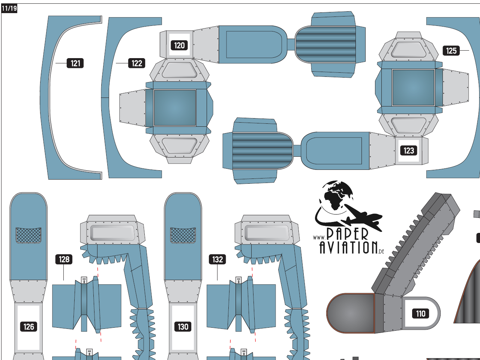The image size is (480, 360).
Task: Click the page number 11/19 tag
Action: [9, 8]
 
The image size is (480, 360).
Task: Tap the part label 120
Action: [179, 45]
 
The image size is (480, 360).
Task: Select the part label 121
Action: [75, 63]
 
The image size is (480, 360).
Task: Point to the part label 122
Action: [137, 63]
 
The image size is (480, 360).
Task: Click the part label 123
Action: [408, 150]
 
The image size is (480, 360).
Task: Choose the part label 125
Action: [451, 51]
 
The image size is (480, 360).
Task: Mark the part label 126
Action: [28, 327]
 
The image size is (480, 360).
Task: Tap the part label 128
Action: [64, 259]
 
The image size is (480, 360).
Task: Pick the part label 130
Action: [183, 327]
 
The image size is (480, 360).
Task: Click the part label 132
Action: [218, 259]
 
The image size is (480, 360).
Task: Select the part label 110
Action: [420, 313]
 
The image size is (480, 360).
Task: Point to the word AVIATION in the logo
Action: [348, 247]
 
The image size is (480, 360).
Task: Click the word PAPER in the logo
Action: [347, 234]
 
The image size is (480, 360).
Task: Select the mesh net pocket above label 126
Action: [28, 235]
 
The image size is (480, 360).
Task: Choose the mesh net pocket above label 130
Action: [183, 235]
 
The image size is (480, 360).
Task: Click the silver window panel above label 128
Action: [112, 233]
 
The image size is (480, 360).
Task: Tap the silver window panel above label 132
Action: [267, 233]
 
